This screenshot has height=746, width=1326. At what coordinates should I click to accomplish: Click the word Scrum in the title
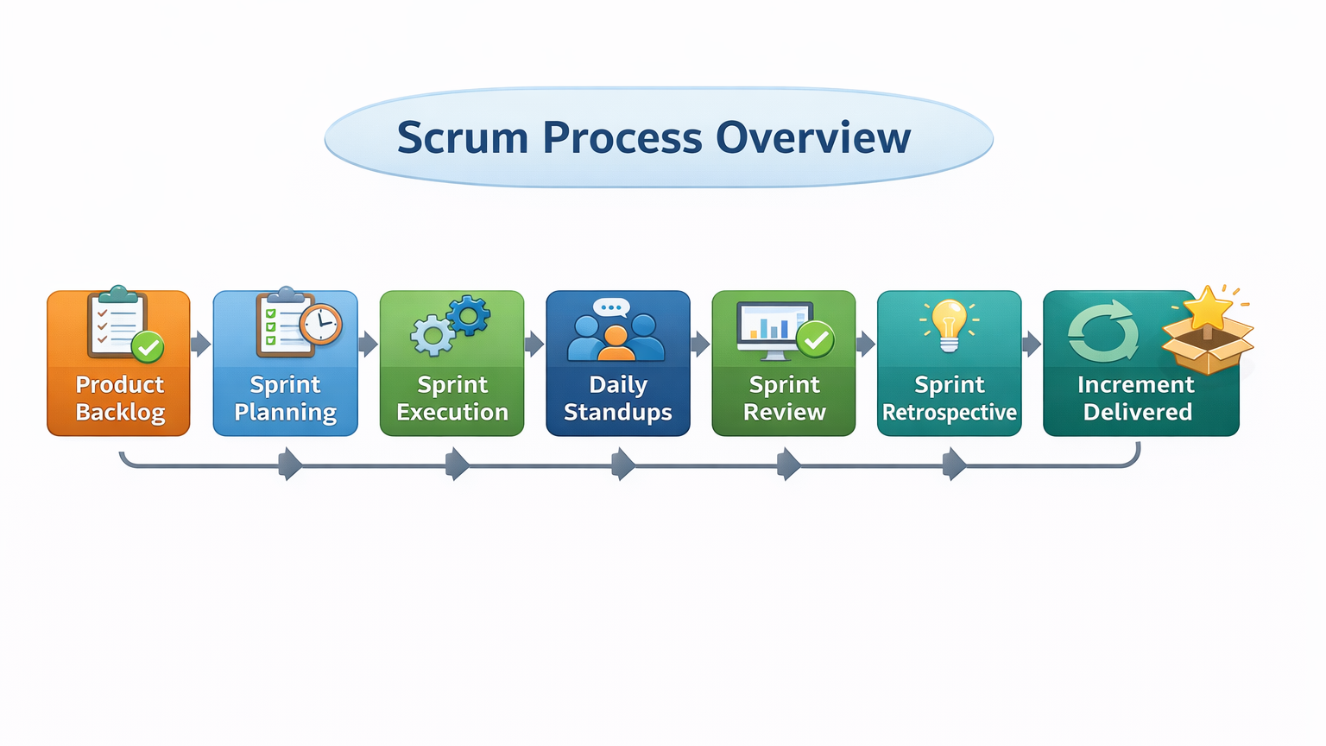tap(462, 138)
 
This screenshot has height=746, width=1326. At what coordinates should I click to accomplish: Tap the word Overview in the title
tap(813, 138)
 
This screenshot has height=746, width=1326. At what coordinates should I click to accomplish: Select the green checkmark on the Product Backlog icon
tap(148, 347)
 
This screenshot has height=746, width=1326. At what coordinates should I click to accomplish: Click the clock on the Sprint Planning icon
tap(321, 326)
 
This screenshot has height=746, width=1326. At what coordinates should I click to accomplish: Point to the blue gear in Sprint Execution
tap(469, 316)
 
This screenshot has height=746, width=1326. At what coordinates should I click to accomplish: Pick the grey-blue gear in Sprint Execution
tap(432, 335)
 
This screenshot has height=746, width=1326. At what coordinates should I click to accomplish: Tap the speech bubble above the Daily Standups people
tap(612, 307)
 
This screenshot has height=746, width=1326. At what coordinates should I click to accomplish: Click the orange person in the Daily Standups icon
tap(616, 345)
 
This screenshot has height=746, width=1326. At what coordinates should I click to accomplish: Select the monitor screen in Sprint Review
tap(773, 324)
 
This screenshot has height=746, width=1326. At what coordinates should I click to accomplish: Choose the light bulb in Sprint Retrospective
tap(950, 325)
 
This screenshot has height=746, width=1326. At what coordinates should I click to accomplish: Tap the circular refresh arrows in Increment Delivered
tap(1103, 332)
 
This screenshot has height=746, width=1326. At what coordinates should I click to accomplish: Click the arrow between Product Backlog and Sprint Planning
tap(201, 344)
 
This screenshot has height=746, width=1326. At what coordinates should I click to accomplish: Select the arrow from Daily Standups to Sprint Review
tap(701, 345)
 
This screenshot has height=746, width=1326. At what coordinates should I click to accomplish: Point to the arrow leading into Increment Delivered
tap(1032, 345)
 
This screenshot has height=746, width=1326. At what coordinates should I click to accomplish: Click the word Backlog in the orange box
tap(120, 413)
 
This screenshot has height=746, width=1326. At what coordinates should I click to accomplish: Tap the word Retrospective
tap(950, 413)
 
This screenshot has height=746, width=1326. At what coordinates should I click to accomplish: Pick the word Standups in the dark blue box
tap(618, 413)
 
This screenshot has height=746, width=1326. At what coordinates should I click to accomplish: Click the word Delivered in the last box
tap(1138, 412)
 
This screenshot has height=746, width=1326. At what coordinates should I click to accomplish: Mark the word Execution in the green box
tap(452, 412)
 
